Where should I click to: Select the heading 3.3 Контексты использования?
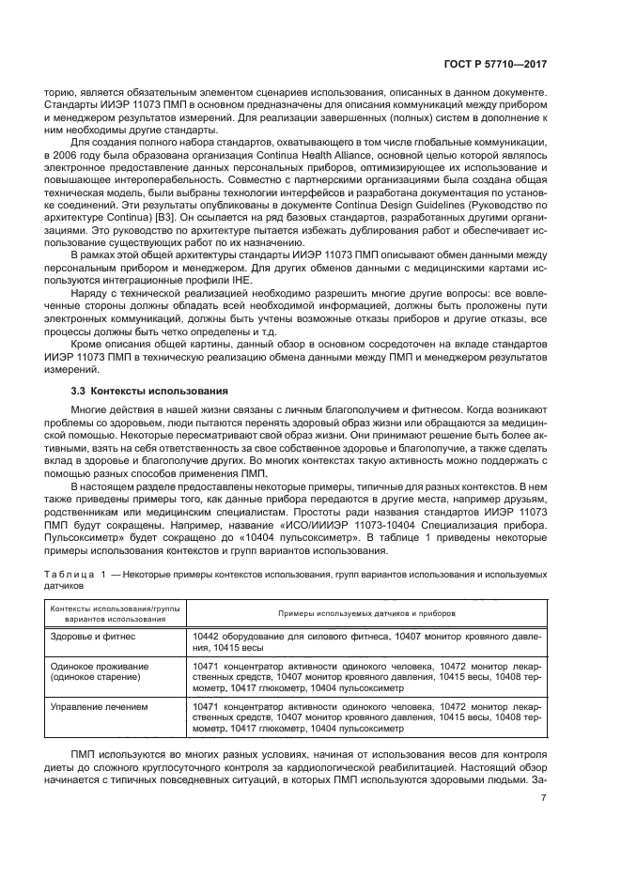tap(135, 389)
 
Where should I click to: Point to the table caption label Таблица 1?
tap(73, 572)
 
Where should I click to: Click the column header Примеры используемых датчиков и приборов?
tap(365, 611)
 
